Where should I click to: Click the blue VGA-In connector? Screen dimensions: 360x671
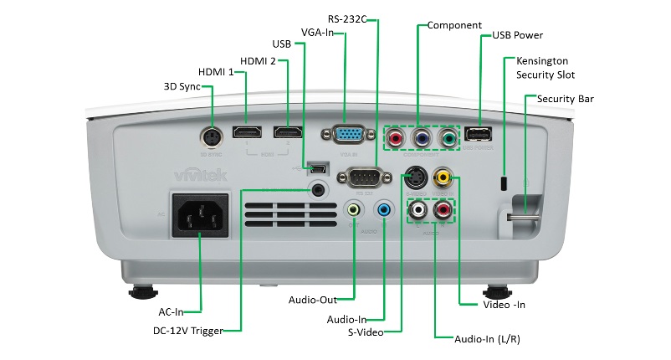(x=347, y=136)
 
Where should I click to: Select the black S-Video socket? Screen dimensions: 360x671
(x=416, y=177)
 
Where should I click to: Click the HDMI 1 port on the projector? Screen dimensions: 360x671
(x=247, y=133)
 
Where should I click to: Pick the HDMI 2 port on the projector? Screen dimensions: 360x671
(x=288, y=133)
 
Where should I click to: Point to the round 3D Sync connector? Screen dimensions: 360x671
(x=212, y=136)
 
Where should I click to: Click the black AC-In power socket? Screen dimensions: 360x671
(x=200, y=214)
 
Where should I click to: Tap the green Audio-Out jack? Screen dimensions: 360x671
(x=355, y=209)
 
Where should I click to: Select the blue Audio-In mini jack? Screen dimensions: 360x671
(x=384, y=209)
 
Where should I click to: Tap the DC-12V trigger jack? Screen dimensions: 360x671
(x=317, y=188)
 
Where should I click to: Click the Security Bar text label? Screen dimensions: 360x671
(x=566, y=99)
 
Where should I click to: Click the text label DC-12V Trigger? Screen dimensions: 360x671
(x=188, y=331)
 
